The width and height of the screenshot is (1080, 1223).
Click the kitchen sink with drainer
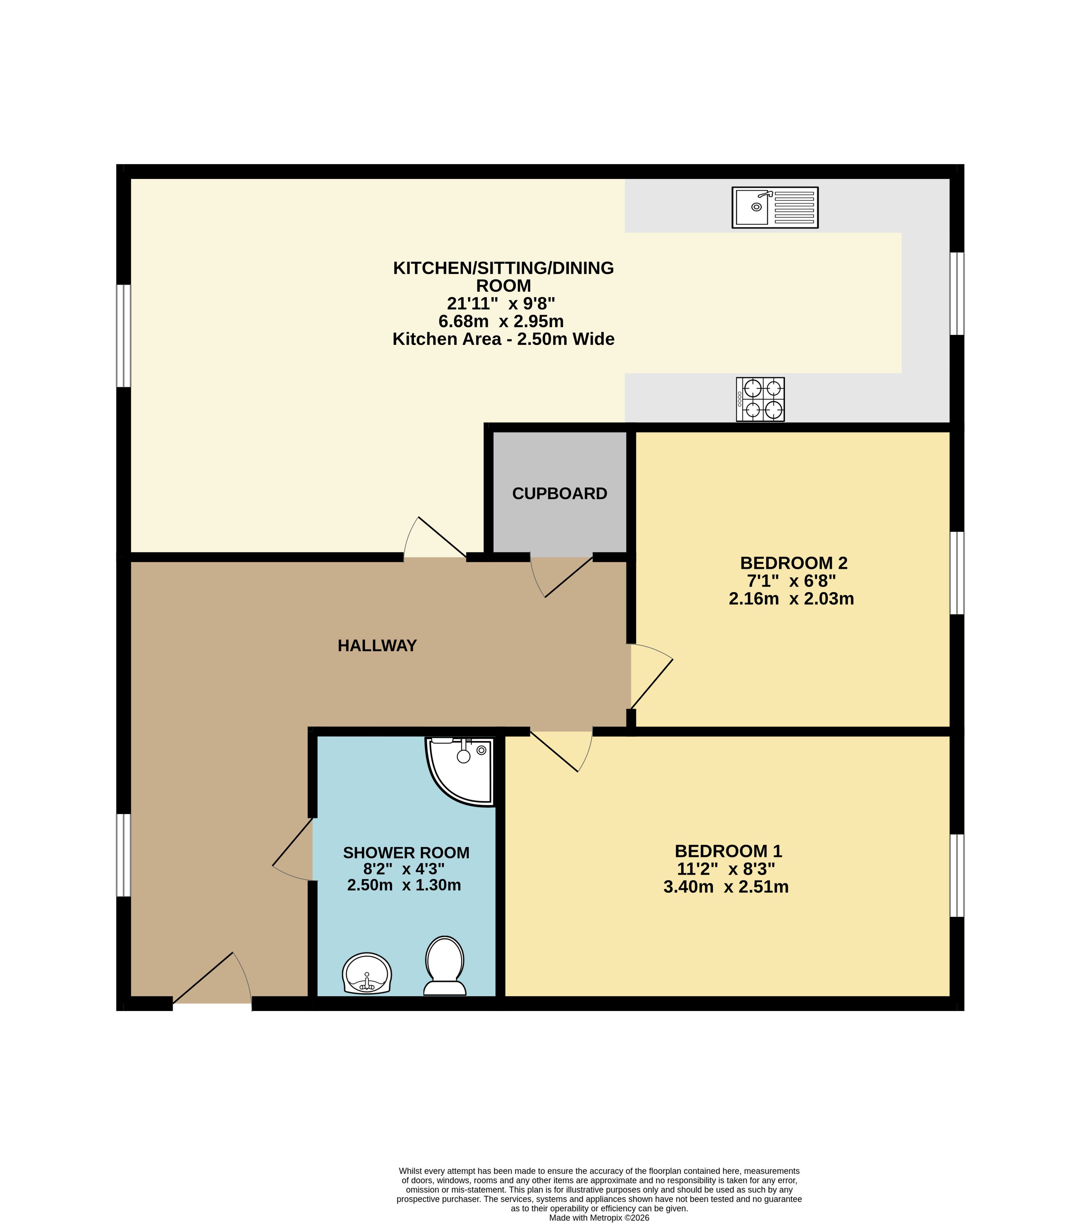point(775,208)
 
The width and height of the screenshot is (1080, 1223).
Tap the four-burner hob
point(760,399)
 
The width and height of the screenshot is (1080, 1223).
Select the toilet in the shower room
point(444,966)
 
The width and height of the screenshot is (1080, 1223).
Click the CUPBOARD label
point(559,494)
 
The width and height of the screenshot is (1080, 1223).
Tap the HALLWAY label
point(377,646)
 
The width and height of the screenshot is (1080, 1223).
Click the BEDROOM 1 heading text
point(728,851)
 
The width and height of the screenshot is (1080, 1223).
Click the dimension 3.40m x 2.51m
point(726,887)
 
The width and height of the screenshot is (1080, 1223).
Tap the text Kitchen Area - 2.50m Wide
point(503,339)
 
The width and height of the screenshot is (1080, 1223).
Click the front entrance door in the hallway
point(212,978)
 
